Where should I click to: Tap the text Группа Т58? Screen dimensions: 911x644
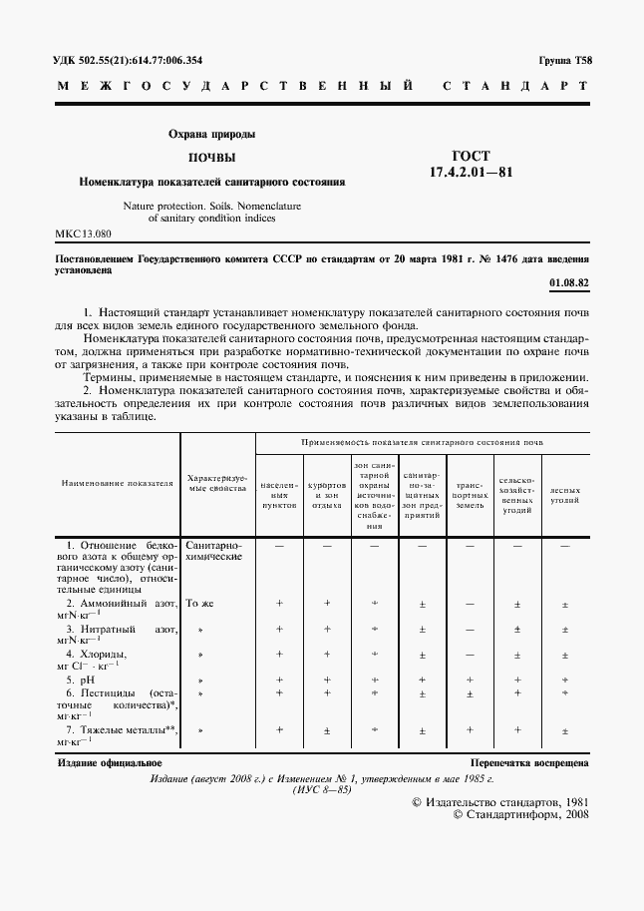click(x=565, y=60)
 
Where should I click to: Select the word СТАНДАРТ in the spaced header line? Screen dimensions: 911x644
click(x=515, y=87)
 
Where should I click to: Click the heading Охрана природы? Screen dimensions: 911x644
click(x=211, y=134)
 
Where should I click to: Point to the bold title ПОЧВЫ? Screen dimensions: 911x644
click(x=212, y=158)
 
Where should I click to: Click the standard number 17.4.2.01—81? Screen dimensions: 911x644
click(x=471, y=172)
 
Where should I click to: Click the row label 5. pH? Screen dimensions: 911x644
click(x=78, y=679)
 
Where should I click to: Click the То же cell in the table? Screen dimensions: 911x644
click(x=200, y=604)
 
